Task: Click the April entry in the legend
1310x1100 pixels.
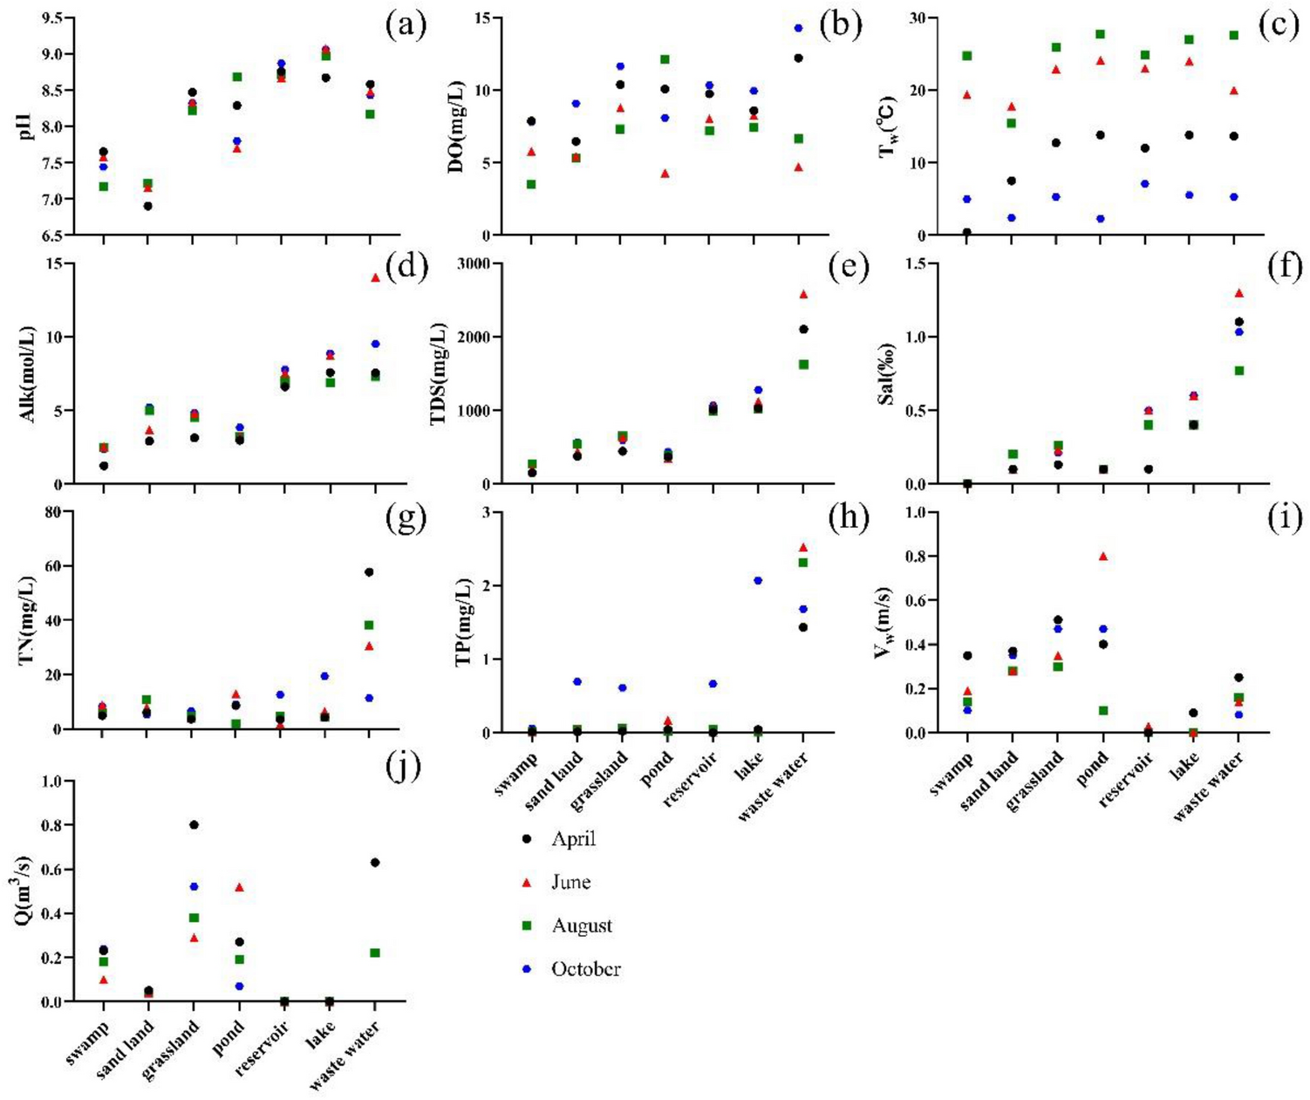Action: tap(573, 839)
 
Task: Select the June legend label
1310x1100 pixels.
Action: tap(570, 883)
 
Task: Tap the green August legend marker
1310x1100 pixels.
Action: tap(526, 926)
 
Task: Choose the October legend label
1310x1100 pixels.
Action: tap(585, 969)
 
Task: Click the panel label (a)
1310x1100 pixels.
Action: tap(406, 25)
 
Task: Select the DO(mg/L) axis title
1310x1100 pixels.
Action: tap(456, 127)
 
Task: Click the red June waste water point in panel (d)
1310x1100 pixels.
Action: tap(375, 277)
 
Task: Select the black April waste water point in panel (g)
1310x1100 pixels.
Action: tap(369, 572)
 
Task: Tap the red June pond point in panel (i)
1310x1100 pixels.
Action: tap(1103, 556)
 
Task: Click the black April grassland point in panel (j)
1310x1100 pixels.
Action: tap(194, 824)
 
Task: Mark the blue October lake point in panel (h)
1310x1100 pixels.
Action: tap(758, 580)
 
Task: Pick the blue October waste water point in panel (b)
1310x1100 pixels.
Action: tap(798, 28)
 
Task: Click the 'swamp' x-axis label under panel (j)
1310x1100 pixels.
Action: tap(86, 1045)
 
